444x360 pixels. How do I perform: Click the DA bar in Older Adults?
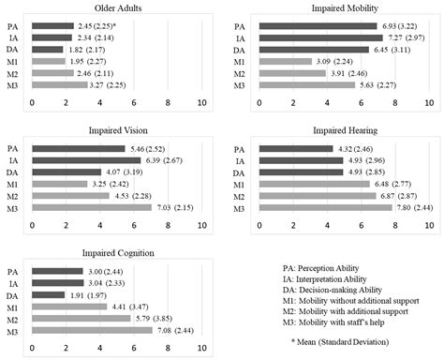click(x=48, y=49)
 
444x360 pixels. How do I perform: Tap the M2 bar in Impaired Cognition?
click(x=81, y=318)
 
